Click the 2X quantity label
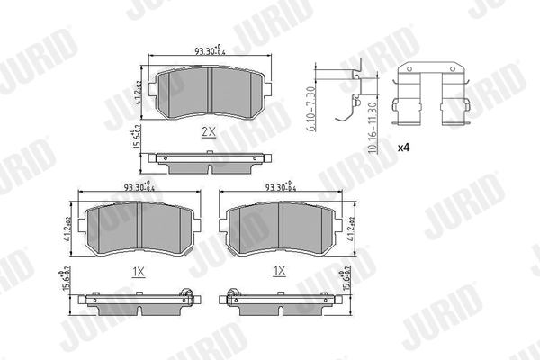(x=208, y=131)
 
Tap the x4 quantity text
(x=402, y=145)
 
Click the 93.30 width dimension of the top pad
(x=209, y=50)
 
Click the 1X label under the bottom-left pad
(x=139, y=270)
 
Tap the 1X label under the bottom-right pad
(x=279, y=270)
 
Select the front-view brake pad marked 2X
(x=208, y=93)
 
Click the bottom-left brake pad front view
(x=140, y=229)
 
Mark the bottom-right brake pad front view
(x=281, y=229)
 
